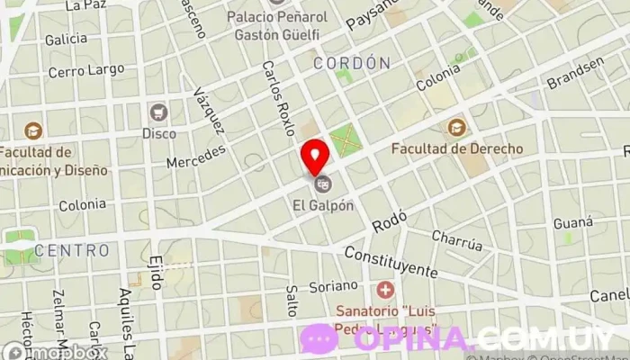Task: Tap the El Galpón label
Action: [x=323, y=204]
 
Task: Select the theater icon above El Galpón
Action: [x=323, y=184]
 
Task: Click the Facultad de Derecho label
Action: [x=456, y=148]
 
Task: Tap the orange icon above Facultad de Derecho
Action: [x=456, y=127]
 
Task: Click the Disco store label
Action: [x=159, y=133]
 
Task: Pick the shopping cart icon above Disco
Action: [x=159, y=112]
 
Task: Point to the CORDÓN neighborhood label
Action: [x=352, y=63]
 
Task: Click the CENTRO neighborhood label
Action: [x=72, y=249]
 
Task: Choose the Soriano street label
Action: [x=335, y=286]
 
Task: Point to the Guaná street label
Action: [x=573, y=222]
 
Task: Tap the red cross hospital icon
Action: [x=385, y=290]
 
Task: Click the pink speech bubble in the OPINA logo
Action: [x=319, y=339]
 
